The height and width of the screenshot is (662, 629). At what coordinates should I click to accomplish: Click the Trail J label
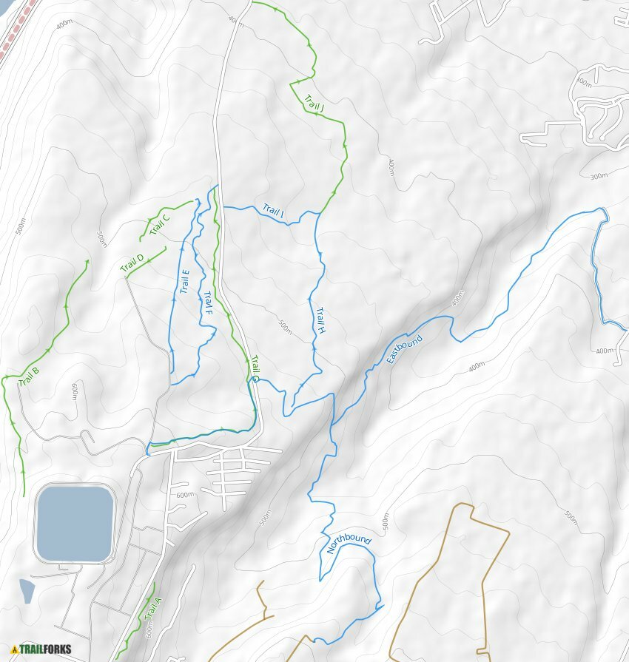coord(314,104)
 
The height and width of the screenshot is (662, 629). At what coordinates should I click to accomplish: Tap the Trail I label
coord(273,212)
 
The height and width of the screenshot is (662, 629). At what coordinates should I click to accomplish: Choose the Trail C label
coord(160,223)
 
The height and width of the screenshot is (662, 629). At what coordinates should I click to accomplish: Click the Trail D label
coord(132,263)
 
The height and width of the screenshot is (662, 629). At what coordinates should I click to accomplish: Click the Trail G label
coord(255,368)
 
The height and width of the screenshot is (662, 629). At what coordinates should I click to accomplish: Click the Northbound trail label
coord(349,545)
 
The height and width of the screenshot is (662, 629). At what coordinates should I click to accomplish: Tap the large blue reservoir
coord(74,523)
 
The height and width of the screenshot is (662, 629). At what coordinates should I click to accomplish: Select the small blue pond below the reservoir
coord(27,590)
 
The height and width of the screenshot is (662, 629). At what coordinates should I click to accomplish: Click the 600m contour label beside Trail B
coord(75,391)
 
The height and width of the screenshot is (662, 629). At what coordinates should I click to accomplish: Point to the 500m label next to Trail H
coord(285,327)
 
